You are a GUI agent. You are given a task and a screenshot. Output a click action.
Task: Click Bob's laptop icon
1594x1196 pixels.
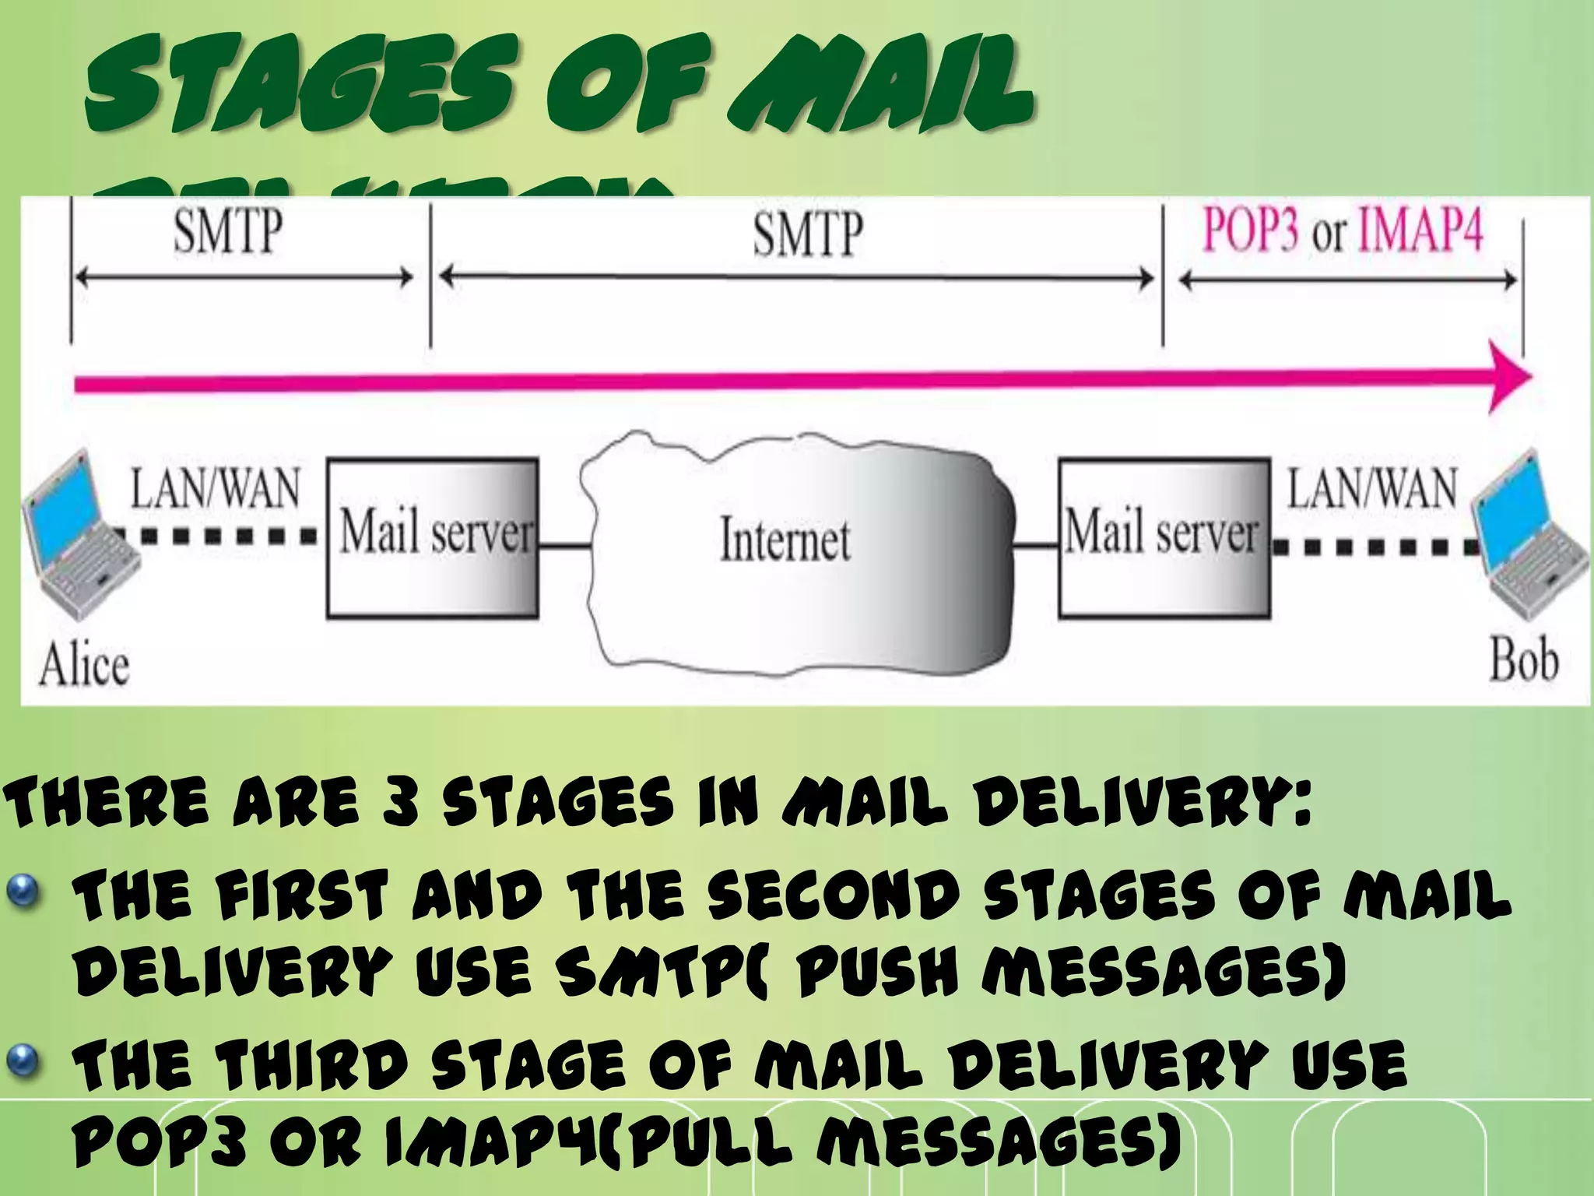1530,537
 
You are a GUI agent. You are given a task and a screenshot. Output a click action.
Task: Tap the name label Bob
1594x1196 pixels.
1523,660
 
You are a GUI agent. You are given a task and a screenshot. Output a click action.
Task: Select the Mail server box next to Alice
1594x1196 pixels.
433,537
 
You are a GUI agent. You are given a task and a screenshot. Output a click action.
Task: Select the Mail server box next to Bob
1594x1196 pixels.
1164,537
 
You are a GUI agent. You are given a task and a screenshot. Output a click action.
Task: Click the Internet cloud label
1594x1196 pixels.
785,539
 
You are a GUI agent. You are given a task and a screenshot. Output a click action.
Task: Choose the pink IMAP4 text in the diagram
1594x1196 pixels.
1421,231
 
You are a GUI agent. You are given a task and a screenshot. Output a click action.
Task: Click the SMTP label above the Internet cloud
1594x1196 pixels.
807,234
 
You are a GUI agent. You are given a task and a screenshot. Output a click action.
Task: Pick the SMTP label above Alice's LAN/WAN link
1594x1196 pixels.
227,231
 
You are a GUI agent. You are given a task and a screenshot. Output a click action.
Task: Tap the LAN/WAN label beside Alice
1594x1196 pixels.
215,489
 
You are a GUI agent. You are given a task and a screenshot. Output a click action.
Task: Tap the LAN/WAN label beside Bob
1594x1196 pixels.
1371,489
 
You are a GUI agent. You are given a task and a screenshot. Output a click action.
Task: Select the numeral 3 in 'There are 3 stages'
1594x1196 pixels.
402,803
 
